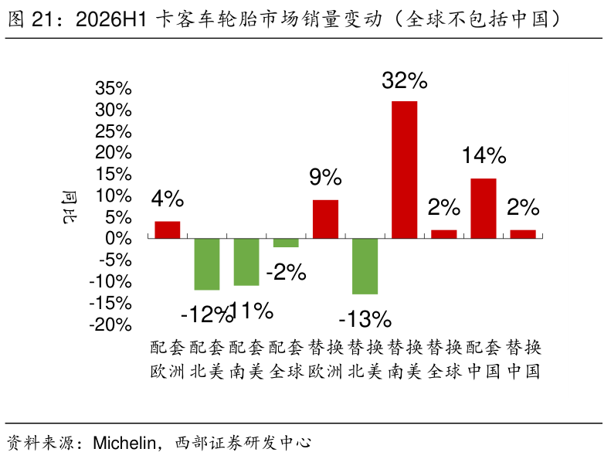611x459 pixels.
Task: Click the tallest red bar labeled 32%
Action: (404, 170)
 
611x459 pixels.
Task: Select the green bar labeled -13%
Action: (365, 266)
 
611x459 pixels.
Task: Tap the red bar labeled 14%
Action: (484, 208)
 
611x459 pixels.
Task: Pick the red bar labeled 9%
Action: (325, 219)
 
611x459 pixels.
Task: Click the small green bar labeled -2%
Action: (286, 243)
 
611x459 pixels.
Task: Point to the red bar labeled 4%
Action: (168, 229)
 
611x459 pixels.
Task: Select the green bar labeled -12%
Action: (207, 264)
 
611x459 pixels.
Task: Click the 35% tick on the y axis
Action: (114, 89)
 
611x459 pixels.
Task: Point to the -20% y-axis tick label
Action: (110, 325)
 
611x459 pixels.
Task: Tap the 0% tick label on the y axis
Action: (118, 238)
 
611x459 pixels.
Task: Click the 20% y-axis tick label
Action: (114, 152)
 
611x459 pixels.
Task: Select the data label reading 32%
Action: (405, 80)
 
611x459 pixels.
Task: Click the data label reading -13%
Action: (365, 319)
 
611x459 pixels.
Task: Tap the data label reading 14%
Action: (484, 155)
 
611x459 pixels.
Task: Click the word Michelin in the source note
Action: (124, 443)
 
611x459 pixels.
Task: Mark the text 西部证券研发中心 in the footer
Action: (243, 443)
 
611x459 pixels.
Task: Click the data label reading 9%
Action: (325, 177)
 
